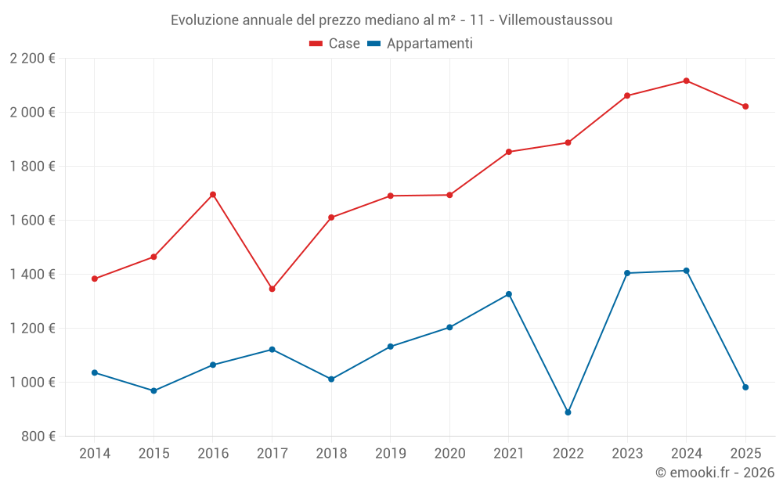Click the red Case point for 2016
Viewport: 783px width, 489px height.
(x=213, y=195)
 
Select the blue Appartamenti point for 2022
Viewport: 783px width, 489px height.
(x=568, y=412)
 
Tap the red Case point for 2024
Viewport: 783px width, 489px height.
(x=686, y=81)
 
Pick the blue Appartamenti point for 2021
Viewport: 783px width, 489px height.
(x=509, y=294)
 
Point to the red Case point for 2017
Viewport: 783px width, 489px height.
(x=272, y=289)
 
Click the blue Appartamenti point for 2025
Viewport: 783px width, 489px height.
(x=745, y=387)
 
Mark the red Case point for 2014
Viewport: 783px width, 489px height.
(x=95, y=279)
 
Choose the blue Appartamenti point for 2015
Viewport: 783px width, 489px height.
(x=153, y=390)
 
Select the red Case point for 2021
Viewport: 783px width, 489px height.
(x=509, y=152)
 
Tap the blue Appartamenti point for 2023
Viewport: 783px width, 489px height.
(x=627, y=273)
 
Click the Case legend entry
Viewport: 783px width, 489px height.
(x=334, y=44)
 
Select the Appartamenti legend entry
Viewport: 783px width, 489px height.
(x=420, y=44)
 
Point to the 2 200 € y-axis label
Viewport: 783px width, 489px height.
(x=32, y=59)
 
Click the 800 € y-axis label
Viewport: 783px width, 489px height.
(x=39, y=437)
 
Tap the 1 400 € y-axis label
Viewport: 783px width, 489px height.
(x=32, y=275)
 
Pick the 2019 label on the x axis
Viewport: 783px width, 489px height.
(x=390, y=454)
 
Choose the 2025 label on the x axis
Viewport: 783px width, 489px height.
(x=745, y=454)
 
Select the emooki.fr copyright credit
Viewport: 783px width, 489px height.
(x=714, y=473)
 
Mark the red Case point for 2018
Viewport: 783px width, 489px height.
(x=331, y=218)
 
